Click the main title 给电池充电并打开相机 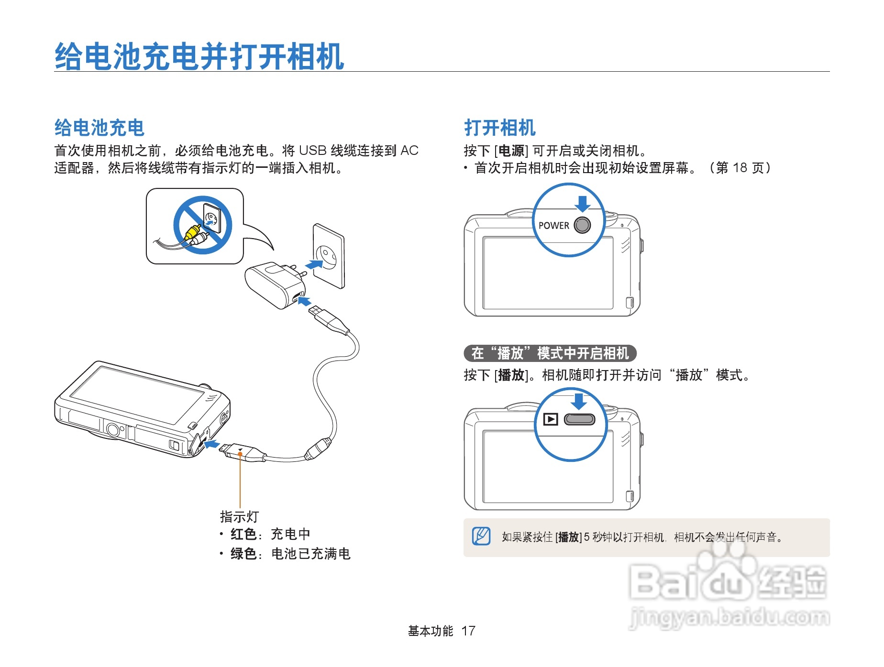pyautogui.click(x=199, y=56)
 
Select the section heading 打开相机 pyautogui.click(x=499, y=128)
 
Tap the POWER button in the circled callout pyautogui.click(x=582, y=225)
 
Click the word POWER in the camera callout pyautogui.click(x=553, y=226)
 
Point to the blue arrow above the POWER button pyautogui.click(x=582, y=203)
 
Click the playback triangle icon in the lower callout pyautogui.click(x=551, y=419)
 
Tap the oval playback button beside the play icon pyautogui.click(x=579, y=419)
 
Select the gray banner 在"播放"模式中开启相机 pyautogui.click(x=550, y=353)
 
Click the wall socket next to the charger pyautogui.click(x=329, y=256)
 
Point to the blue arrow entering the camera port pyautogui.click(x=211, y=445)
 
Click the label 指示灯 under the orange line pyautogui.click(x=239, y=517)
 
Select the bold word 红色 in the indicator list pyautogui.click(x=243, y=534)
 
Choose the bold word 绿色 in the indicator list pyautogui.click(x=243, y=554)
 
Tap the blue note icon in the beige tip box pyautogui.click(x=481, y=536)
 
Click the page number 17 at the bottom pyautogui.click(x=468, y=631)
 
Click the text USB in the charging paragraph pyautogui.click(x=312, y=151)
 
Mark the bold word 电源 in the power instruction pyautogui.click(x=511, y=151)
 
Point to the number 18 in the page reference pyautogui.click(x=740, y=168)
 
